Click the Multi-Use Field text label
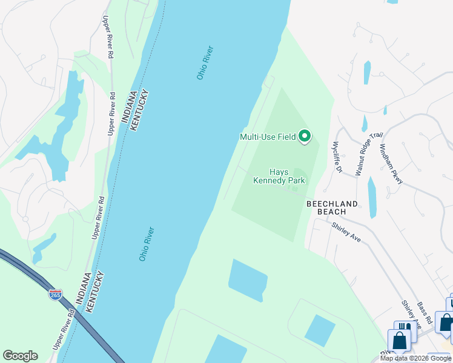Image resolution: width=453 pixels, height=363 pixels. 267,137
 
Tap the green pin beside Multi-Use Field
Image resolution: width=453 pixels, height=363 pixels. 305,137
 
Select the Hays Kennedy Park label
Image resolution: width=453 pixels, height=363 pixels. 279,176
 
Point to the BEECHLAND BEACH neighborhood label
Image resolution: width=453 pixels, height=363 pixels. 331,208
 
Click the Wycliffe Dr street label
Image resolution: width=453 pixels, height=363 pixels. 336,157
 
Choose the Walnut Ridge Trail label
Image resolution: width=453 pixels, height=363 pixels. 362,154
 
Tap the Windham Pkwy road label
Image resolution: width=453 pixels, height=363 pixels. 391,164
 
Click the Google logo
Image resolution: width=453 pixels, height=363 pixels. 20,356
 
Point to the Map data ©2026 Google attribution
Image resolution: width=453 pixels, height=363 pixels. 415,358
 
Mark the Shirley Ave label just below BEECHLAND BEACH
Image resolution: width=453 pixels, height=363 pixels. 346,232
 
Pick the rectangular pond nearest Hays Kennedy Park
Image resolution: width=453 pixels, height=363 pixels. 248,279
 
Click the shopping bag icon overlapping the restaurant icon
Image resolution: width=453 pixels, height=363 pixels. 400,340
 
